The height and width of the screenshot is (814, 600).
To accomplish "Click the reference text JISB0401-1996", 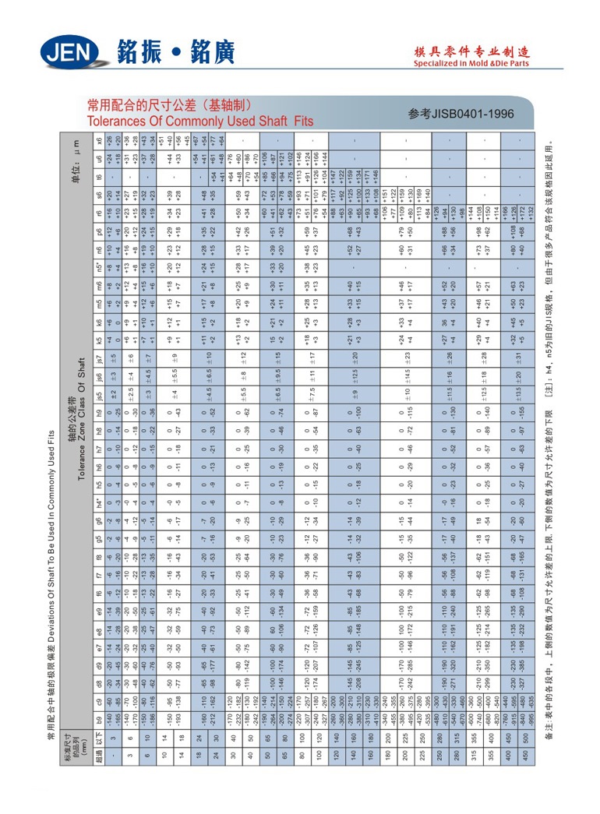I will [x=462, y=114].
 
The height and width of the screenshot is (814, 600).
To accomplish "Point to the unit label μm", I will [x=77, y=155].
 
